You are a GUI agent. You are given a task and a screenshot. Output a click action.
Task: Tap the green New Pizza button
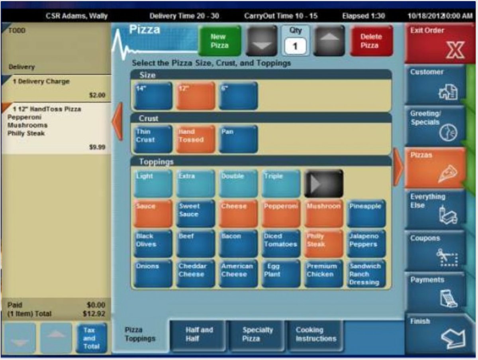point(219,41)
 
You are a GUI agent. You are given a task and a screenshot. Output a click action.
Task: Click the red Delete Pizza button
point(371,41)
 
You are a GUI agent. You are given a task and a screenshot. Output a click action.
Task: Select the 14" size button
point(153,96)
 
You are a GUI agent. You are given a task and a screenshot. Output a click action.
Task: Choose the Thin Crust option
point(153,139)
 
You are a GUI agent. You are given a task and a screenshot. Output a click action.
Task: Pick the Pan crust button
point(238,139)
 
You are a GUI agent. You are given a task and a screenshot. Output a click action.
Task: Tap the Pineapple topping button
point(366,213)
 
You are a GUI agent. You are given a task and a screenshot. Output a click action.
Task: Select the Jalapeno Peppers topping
point(366,243)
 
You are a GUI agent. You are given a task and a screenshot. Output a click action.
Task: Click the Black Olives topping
point(153,243)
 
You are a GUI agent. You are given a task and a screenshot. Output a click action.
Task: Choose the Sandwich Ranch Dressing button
point(366,273)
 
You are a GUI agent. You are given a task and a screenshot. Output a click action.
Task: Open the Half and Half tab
point(199,334)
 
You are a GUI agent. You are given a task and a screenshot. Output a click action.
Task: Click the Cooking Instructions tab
point(315,334)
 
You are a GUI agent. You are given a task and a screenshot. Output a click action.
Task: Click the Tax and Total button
point(92,338)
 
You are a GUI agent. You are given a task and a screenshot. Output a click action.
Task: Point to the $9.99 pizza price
point(97,147)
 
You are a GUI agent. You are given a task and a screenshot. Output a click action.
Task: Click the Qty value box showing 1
point(295,47)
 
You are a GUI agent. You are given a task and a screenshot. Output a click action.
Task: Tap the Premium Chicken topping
point(323,273)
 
